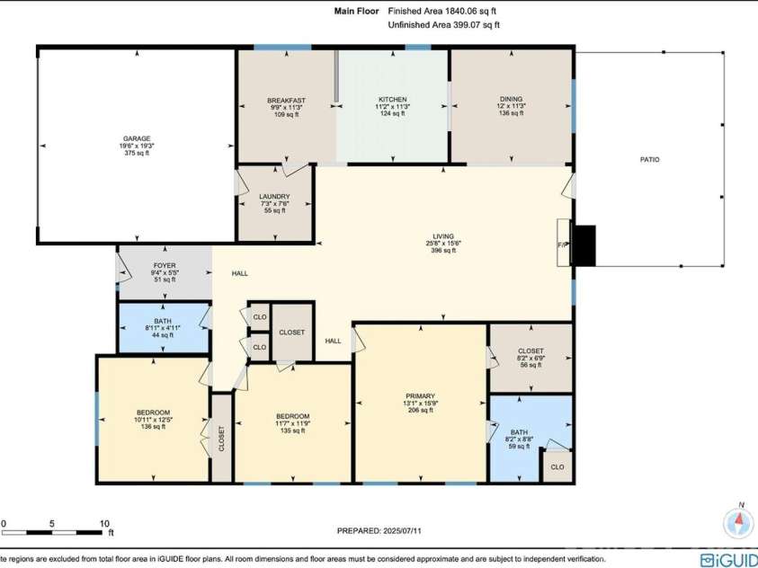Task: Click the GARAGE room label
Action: pyautogui.click(x=137, y=138)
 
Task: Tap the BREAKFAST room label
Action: pyautogui.click(x=287, y=100)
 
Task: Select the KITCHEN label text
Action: pyautogui.click(x=392, y=100)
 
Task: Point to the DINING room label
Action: pyautogui.click(x=511, y=100)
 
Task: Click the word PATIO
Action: pyautogui.click(x=649, y=159)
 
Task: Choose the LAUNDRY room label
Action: pyautogui.click(x=274, y=196)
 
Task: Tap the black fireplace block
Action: pyautogui.click(x=584, y=245)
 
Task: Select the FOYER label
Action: pyautogui.click(x=165, y=266)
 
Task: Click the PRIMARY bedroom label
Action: pyautogui.click(x=420, y=396)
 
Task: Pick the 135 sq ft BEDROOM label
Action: pyautogui.click(x=292, y=416)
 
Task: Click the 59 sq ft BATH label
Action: pyautogui.click(x=520, y=431)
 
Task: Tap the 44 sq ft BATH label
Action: pyautogui.click(x=162, y=321)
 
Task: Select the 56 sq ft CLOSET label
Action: pyautogui.click(x=530, y=351)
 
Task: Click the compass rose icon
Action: pyautogui.click(x=738, y=521)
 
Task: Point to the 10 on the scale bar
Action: pyautogui.click(x=103, y=523)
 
